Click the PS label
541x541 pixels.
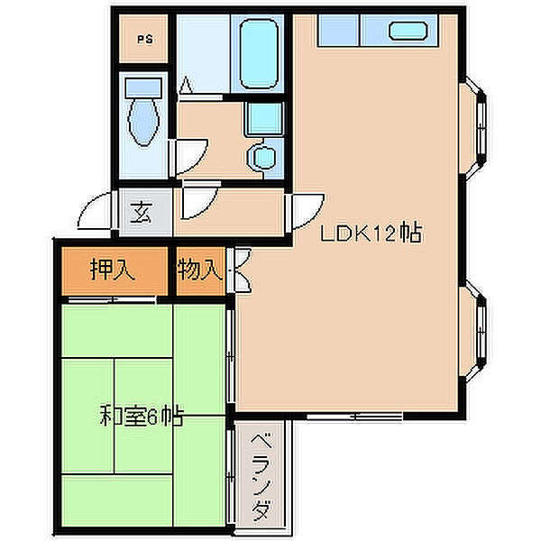coord(145,40)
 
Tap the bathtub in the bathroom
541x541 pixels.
coord(259,54)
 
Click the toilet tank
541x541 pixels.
coord(143,87)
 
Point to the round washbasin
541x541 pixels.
coord(264,158)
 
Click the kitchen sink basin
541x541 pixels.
coord(408,31)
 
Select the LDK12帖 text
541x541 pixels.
coord(371,233)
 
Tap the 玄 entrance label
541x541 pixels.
coord(142,212)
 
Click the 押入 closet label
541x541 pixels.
coord(112,269)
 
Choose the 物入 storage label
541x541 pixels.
coord(200,269)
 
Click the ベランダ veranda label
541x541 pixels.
coord(261,477)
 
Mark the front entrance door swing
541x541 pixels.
coord(96,211)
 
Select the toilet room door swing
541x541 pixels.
coord(189,157)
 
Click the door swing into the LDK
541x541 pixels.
coord(307,212)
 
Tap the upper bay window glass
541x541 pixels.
coord(481,127)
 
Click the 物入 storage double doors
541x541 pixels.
coord(242,270)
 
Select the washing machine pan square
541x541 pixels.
coord(264,118)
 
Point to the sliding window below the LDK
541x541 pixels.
coord(355,417)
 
